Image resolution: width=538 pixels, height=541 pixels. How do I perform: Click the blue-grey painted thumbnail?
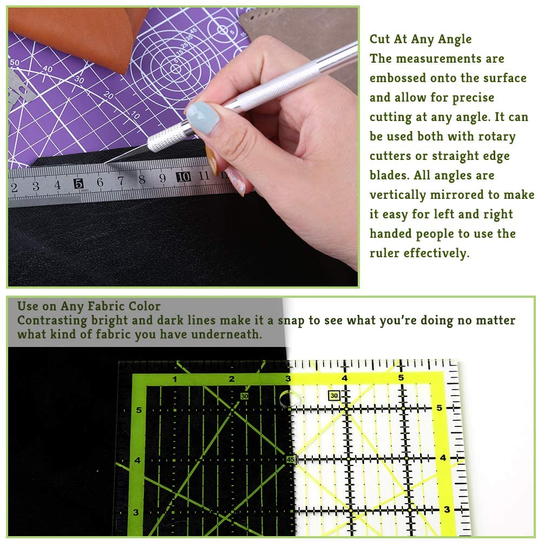(x=202, y=117)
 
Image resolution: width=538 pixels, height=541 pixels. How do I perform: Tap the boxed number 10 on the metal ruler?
(x=183, y=177)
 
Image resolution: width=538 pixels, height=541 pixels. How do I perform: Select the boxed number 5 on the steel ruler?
(x=78, y=183)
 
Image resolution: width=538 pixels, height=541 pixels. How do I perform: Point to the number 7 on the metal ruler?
(x=121, y=181)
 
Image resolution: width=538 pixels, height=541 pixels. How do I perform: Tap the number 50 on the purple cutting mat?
(x=15, y=63)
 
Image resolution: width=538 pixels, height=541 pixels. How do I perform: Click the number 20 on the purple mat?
(x=108, y=95)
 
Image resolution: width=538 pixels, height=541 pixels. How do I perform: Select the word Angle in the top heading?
(x=455, y=39)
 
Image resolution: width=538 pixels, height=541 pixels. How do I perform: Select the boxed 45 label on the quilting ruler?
(x=291, y=459)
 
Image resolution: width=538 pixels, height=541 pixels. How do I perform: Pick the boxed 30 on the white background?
(x=334, y=396)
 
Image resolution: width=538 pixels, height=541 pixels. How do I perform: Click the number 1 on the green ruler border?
(x=175, y=379)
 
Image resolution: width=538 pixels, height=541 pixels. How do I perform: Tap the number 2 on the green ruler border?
(x=232, y=379)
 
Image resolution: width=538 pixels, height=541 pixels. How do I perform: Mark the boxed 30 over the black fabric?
(x=244, y=396)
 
